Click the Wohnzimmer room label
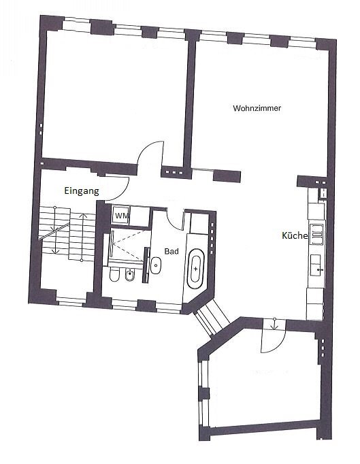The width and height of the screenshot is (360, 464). [x=257, y=108]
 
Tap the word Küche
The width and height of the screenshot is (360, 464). [x=295, y=236]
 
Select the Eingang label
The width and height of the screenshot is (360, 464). [x=82, y=191]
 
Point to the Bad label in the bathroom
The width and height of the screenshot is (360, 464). [x=171, y=251]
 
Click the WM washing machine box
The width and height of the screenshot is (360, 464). [x=121, y=216]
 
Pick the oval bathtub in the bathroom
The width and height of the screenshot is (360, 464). [x=197, y=269]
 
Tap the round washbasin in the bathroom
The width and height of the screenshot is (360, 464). [x=156, y=265]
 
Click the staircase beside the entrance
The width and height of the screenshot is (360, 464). [x=65, y=235]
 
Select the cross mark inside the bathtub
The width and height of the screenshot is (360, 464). [x=197, y=269]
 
